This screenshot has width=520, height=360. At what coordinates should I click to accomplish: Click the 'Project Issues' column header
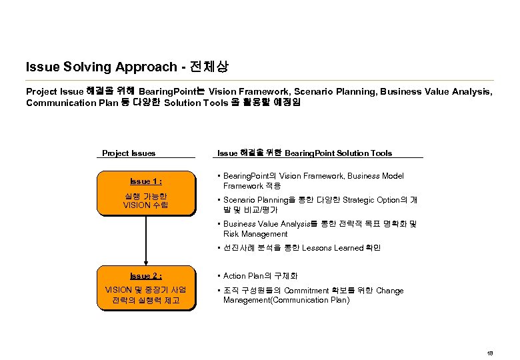129,153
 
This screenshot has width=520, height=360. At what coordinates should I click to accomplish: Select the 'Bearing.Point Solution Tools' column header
338,153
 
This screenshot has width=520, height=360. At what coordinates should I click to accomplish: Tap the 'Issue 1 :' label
146,181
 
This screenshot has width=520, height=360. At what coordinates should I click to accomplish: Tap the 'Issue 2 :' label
146,275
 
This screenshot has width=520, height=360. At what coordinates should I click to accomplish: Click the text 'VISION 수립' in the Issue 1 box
146,205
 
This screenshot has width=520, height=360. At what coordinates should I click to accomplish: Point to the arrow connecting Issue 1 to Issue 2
146,240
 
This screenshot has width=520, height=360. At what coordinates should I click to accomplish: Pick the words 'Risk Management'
255,234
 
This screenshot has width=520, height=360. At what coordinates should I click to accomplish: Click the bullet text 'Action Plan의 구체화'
261,275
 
